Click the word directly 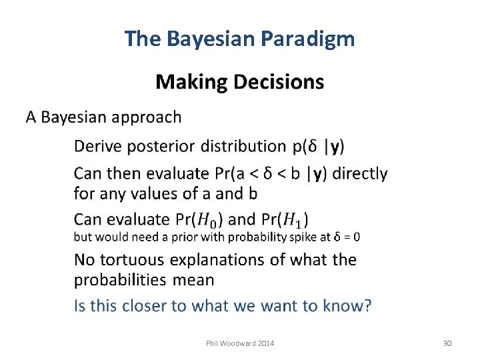pyautogui.click(x=359, y=173)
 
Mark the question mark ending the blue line pyautogui.click(x=367, y=306)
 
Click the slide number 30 pyautogui.click(x=447, y=343)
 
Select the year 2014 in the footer pyautogui.click(x=263, y=343)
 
